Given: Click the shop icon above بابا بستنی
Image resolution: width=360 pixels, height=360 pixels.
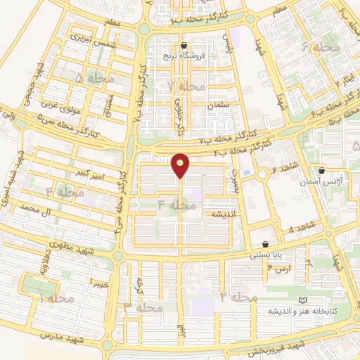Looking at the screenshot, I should (x=265, y=243).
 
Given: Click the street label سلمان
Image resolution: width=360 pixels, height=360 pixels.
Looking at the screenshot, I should (x=219, y=105).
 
